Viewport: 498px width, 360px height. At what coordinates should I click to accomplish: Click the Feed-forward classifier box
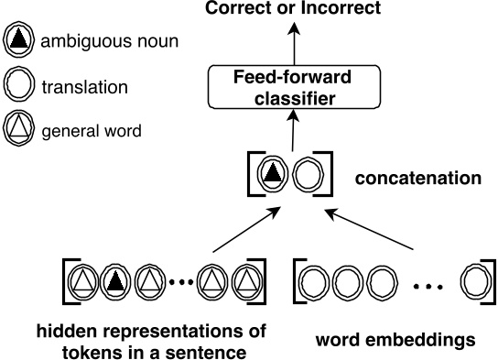point(296,87)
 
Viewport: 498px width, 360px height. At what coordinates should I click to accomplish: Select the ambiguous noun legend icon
point(19,40)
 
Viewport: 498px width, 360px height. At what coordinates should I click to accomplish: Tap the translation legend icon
point(19,87)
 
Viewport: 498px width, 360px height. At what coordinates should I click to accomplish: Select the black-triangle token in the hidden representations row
point(113,282)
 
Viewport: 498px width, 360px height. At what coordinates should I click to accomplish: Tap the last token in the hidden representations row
point(244,282)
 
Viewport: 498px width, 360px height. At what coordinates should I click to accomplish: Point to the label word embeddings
point(395,340)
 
